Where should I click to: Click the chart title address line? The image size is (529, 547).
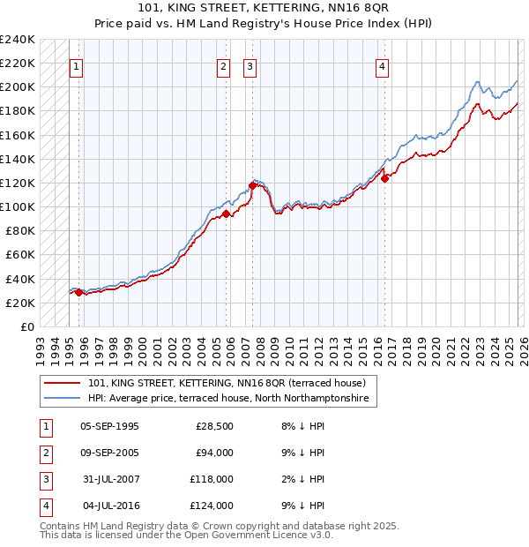(x=264, y=8)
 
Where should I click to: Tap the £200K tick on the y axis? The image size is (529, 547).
(x=17, y=87)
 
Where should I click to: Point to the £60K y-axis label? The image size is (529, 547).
(x=19, y=255)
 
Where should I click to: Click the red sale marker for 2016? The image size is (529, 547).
(x=384, y=178)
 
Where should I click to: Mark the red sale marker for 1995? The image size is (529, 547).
(x=78, y=292)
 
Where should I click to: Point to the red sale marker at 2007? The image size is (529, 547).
(x=252, y=185)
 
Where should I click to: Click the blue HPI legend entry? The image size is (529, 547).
(x=229, y=400)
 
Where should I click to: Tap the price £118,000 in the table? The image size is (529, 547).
(x=212, y=479)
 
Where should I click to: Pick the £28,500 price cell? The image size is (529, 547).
(x=214, y=426)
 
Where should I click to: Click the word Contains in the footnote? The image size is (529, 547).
(x=62, y=526)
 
